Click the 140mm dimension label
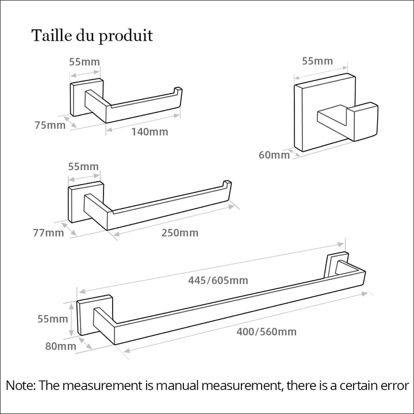[x=149, y=132]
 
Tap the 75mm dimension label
[x=50, y=125]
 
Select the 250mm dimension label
[x=180, y=233]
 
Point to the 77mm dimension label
[x=48, y=233]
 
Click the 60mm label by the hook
[x=274, y=155]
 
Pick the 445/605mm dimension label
[x=218, y=280]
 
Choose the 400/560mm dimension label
[x=266, y=332]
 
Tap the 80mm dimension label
[x=60, y=346]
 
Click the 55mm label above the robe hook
[x=317, y=61]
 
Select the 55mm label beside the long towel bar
[x=52, y=319]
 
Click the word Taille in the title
[x=52, y=35]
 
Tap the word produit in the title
[x=126, y=36]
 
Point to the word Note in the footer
[x=20, y=385]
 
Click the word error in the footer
[x=394, y=386]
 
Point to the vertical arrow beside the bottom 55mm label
[x=71, y=320]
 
